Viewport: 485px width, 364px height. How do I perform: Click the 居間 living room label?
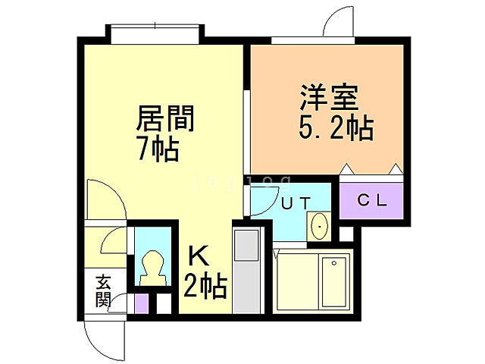click(x=165, y=119)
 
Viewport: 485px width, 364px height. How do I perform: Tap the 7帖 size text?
click(x=158, y=149)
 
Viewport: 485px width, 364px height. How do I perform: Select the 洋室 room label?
click(x=327, y=99)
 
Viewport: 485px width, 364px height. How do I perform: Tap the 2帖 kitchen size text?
click(x=205, y=287)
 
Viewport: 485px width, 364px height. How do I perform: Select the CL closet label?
click(x=372, y=201)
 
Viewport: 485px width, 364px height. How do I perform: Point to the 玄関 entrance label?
click(x=102, y=290)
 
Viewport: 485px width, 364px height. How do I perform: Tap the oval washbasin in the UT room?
click(x=319, y=227)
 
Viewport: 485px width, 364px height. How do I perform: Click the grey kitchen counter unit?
click(x=246, y=269)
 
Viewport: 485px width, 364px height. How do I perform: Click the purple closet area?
click(x=372, y=201)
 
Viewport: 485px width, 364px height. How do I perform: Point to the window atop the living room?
click(x=155, y=33)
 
